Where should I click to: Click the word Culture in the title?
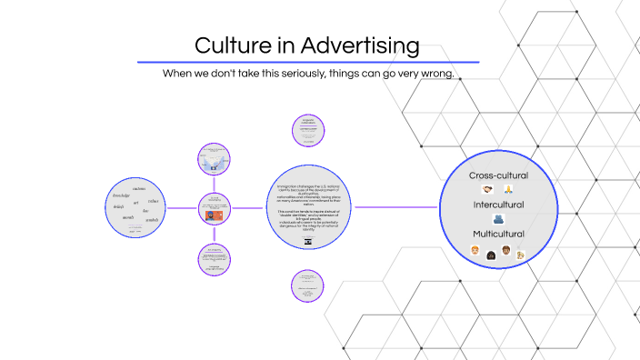tap(232, 45)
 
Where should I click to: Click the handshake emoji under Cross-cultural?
tap(488, 189)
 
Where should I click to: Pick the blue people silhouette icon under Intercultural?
tap(498, 219)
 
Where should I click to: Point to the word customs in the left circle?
tap(139, 189)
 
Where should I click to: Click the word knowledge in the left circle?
tap(121, 196)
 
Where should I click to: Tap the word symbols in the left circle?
tap(152, 221)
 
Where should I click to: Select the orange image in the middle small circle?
tap(215, 216)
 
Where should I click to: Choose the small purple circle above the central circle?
tap(308, 128)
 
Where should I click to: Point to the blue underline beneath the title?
tap(307, 62)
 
